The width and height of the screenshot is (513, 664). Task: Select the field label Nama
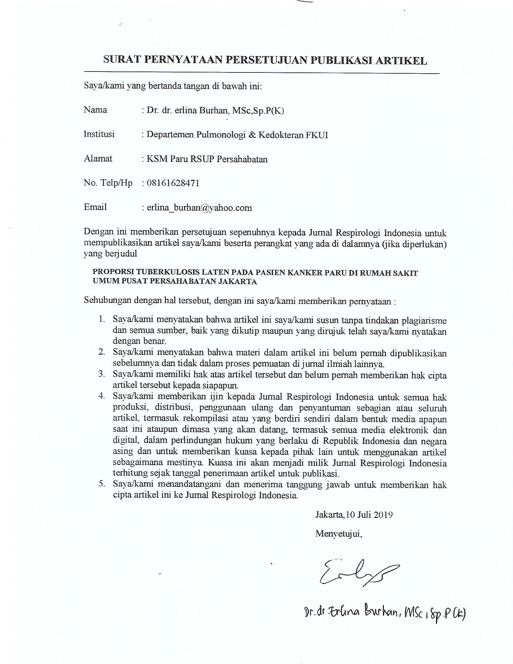(95, 110)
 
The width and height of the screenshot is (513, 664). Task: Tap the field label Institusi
(99, 134)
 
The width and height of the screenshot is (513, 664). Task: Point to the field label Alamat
(98, 158)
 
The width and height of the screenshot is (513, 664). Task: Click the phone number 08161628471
(173, 183)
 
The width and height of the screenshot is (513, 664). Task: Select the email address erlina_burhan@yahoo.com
(199, 208)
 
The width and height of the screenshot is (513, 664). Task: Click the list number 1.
(101, 320)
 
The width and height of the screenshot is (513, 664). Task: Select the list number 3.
(101, 374)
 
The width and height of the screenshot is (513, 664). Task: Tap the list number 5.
(101, 484)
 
